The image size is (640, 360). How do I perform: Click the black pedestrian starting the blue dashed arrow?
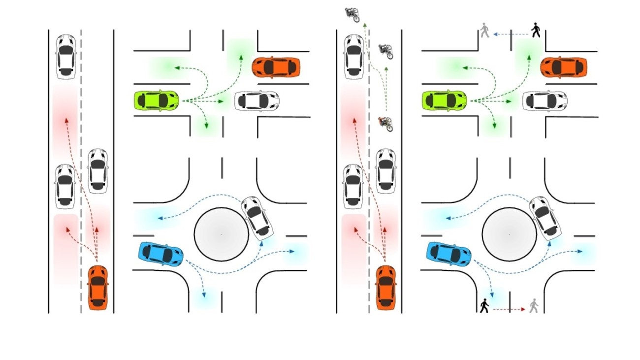pyautogui.click(x=536, y=31)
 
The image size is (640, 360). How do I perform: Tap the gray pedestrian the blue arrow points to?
pyautogui.click(x=485, y=31)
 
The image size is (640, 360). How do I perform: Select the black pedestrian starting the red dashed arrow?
pyautogui.click(x=484, y=306)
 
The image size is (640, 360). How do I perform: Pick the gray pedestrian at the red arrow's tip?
pyautogui.click(x=534, y=306)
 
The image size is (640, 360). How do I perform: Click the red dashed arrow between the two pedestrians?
pyautogui.click(x=509, y=309)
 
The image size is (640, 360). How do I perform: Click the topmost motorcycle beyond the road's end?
pyautogui.click(x=352, y=14)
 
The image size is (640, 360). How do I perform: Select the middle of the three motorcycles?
pyautogui.click(x=385, y=51)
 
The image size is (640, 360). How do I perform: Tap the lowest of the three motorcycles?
pyautogui.click(x=385, y=123)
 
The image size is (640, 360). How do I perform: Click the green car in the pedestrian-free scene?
pyautogui.click(x=157, y=100)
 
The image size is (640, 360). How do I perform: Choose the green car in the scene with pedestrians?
pyautogui.click(x=445, y=100)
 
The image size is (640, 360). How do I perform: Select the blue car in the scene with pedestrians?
pyautogui.click(x=448, y=253)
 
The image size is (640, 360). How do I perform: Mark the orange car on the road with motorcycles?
pyautogui.click(x=386, y=287)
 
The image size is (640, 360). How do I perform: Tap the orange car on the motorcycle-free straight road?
pyautogui.click(x=98, y=287)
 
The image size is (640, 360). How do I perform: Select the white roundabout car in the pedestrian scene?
pyautogui.click(x=545, y=218)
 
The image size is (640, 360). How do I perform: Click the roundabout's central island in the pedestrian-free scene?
pyautogui.click(x=221, y=234)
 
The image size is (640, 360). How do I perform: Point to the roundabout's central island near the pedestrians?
pyautogui.click(x=509, y=234)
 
